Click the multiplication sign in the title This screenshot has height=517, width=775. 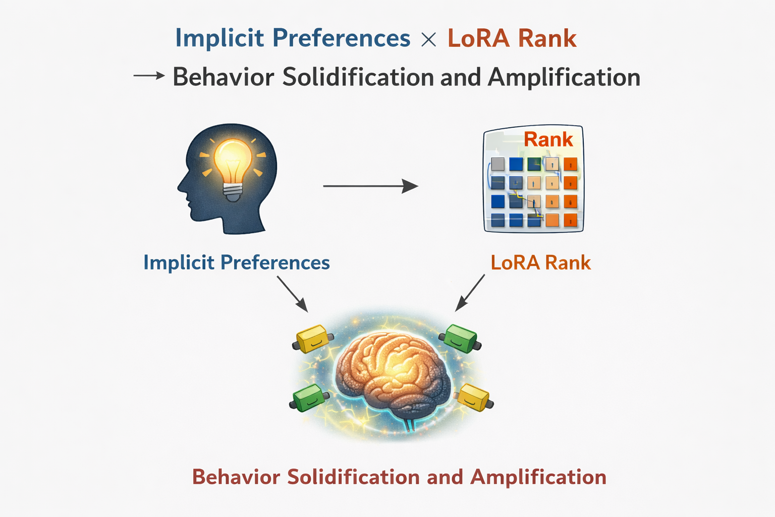429,39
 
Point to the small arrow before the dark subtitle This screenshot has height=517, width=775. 149,75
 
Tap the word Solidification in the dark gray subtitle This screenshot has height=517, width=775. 358,77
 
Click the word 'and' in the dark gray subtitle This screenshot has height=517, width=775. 461,77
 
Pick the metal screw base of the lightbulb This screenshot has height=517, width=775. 233,192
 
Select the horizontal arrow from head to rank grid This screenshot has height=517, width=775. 370,186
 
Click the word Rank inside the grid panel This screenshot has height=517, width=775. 548,139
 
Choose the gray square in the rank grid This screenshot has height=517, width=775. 497,164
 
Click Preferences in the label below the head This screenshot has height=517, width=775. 275,263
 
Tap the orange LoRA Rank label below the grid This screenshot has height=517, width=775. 541,263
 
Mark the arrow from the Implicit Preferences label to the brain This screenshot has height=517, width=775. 292,294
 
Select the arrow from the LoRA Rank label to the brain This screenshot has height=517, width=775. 470,293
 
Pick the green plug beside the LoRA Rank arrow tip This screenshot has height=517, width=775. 460,338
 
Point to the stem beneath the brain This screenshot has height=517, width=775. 409,423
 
